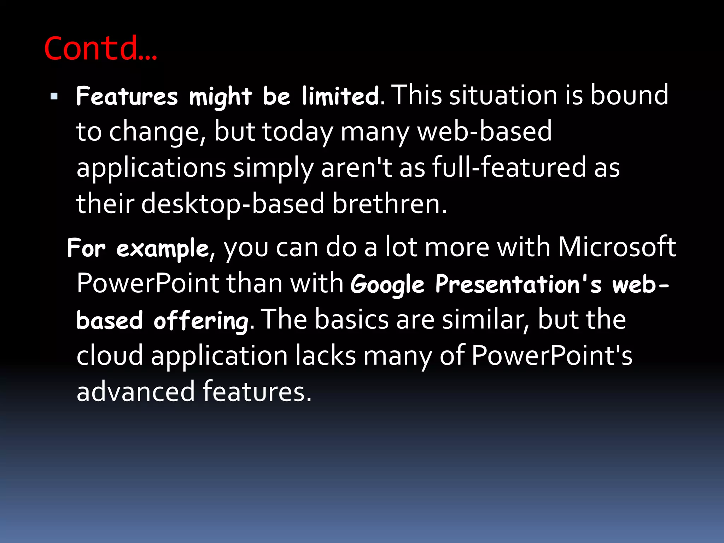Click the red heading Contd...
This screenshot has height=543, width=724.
(x=100, y=48)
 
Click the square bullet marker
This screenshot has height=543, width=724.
(x=54, y=96)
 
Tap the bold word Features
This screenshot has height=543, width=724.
(x=127, y=96)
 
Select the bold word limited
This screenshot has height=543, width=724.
(x=340, y=96)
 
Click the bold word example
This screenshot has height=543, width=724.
(x=163, y=249)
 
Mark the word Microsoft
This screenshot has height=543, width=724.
(x=617, y=247)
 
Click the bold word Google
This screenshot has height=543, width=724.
(x=387, y=285)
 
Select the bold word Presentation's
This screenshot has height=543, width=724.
(x=518, y=284)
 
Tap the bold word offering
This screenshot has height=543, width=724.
(x=201, y=321)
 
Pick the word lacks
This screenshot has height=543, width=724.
(x=326, y=356)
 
